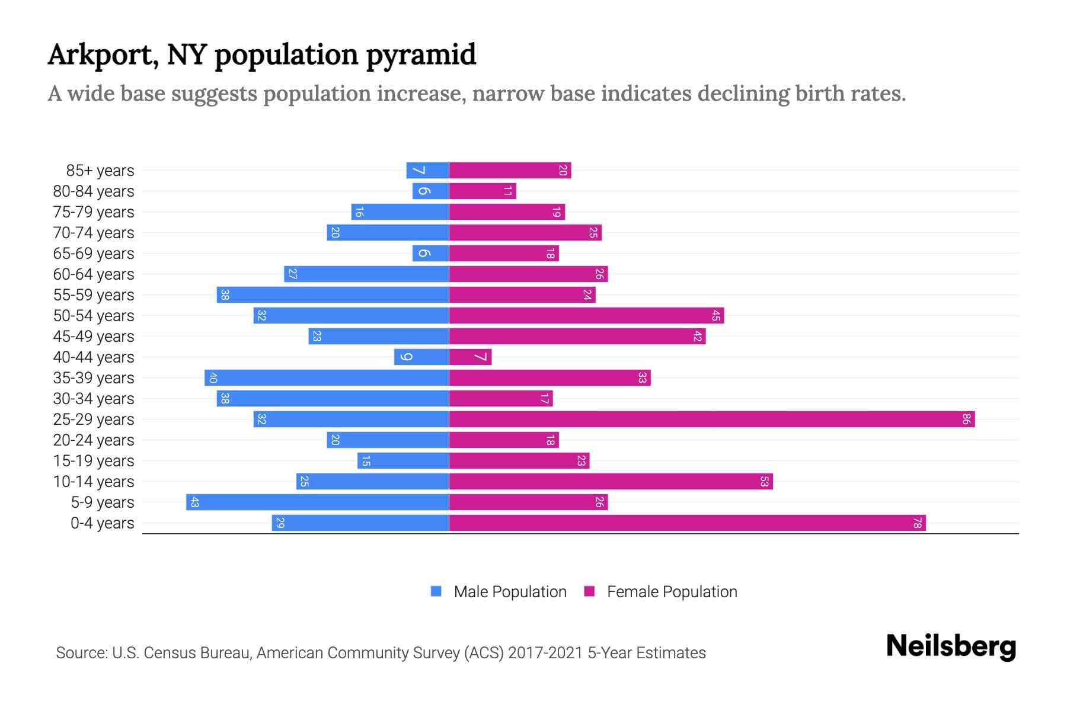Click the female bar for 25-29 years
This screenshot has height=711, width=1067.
[711, 419]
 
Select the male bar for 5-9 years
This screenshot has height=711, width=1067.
[318, 502]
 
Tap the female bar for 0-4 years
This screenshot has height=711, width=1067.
[688, 523]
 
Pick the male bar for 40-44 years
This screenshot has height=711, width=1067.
[421, 357]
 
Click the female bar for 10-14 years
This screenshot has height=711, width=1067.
[611, 482]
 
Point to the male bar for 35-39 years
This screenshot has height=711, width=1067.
[327, 378]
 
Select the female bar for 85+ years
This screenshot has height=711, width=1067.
[510, 171]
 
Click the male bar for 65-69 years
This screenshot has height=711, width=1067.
[431, 254]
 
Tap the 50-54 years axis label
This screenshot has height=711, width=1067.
[94, 316]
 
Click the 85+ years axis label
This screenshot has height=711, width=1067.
[100, 171]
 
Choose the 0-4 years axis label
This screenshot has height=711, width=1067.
[102, 523]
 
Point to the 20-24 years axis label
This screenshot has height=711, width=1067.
[94, 440]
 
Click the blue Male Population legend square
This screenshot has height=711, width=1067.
[436, 591]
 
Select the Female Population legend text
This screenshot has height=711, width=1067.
[672, 592]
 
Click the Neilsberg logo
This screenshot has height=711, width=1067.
[951, 646]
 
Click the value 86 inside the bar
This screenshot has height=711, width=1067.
[966, 419]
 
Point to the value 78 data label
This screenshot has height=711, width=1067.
[917, 523]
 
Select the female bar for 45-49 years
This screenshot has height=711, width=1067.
[577, 337]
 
